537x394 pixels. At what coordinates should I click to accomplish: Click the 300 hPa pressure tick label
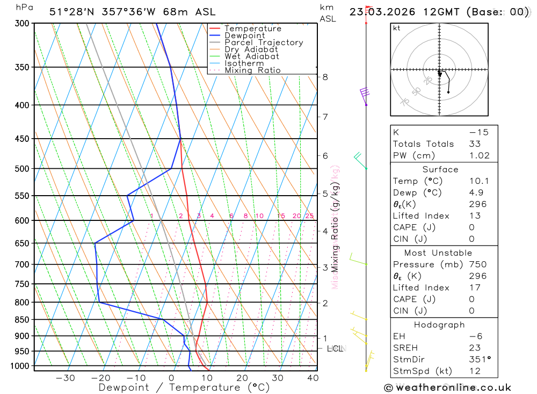(x=21, y=24)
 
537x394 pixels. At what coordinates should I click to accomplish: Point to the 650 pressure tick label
(x=21, y=243)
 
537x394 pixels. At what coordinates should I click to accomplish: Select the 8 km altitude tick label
(x=325, y=77)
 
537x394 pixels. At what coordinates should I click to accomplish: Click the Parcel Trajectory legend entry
(x=263, y=42)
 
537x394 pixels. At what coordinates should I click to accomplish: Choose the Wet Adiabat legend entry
(x=251, y=56)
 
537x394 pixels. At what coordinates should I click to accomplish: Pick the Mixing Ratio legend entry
(x=252, y=70)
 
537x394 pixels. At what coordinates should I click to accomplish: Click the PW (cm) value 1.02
(x=479, y=155)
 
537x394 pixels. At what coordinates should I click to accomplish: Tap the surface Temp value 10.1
(x=479, y=181)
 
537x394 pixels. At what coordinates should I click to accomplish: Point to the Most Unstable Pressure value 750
(x=477, y=264)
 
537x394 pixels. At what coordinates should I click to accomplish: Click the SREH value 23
(x=474, y=348)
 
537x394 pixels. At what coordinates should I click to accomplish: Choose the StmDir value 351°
(x=477, y=360)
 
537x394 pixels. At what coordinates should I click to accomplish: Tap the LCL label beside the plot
(x=335, y=349)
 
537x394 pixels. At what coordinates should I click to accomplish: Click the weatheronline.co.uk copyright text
(x=447, y=388)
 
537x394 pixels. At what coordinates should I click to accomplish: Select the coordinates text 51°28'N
(x=72, y=12)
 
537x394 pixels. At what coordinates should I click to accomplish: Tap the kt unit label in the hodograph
(x=397, y=28)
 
